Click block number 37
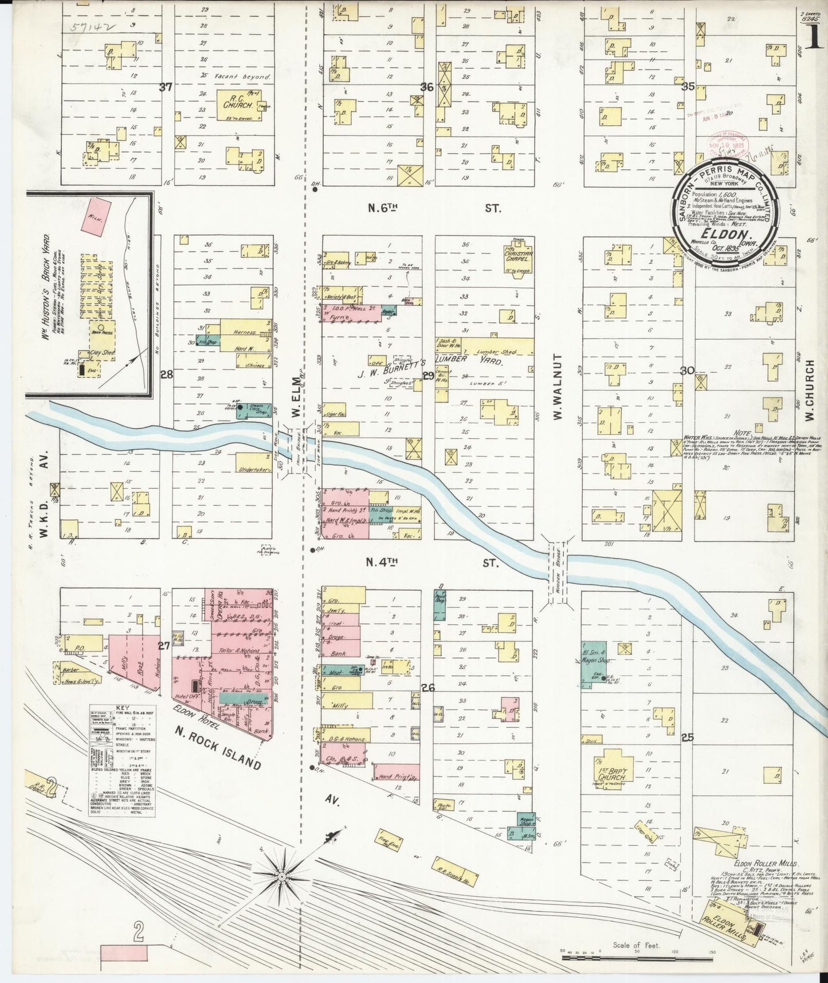tap(166, 87)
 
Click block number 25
tap(688, 738)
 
